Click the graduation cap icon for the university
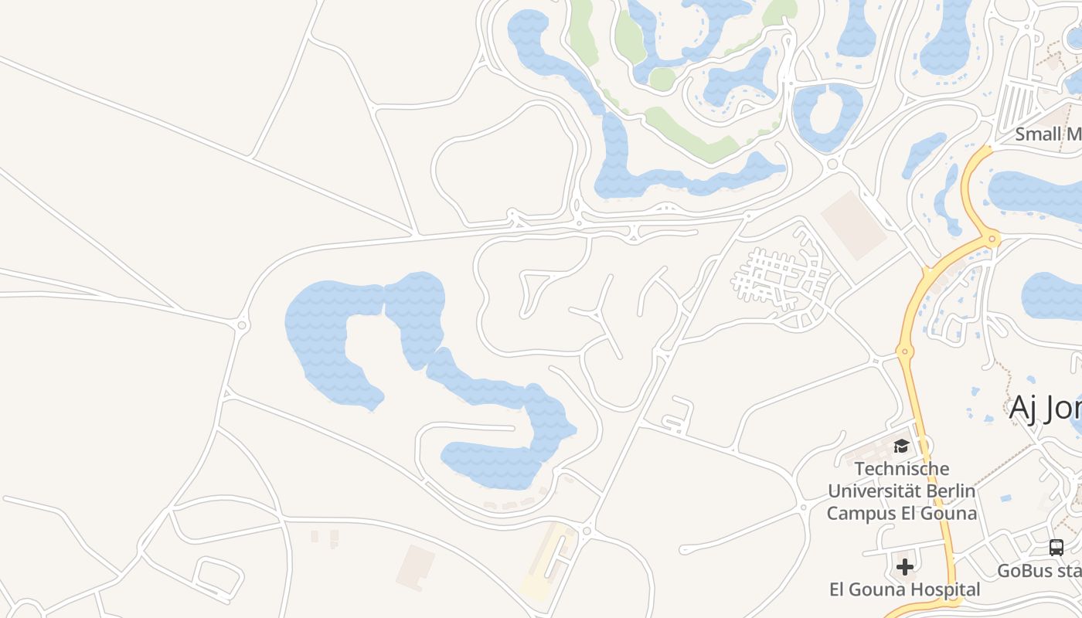pyautogui.click(x=901, y=446)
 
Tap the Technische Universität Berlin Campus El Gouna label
pyautogui.click(x=902, y=491)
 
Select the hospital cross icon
pyautogui.click(x=905, y=567)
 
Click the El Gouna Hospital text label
pyautogui.click(x=904, y=589)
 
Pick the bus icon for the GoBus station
pyautogui.click(x=1056, y=548)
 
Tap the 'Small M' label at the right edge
pyautogui.click(x=1048, y=134)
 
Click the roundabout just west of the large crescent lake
pyautogui.click(x=243, y=326)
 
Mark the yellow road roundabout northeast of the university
pyautogui.click(x=904, y=352)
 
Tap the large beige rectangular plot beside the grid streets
pyautogui.click(x=854, y=225)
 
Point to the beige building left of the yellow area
pyautogui.click(x=415, y=567)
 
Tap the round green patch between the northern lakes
pyautogui.click(x=662, y=78)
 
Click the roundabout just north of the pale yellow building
pyautogui.click(x=587, y=531)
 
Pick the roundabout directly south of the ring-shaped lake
pyautogui.click(x=833, y=164)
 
